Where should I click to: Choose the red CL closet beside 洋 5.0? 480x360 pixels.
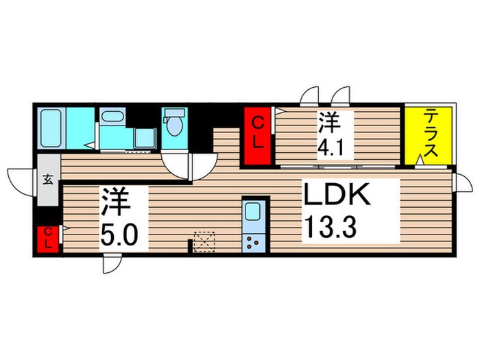point(48,239)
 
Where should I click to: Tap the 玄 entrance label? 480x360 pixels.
point(49,180)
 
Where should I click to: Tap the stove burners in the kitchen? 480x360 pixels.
point(252,241)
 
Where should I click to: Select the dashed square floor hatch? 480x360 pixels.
point(204,241)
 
